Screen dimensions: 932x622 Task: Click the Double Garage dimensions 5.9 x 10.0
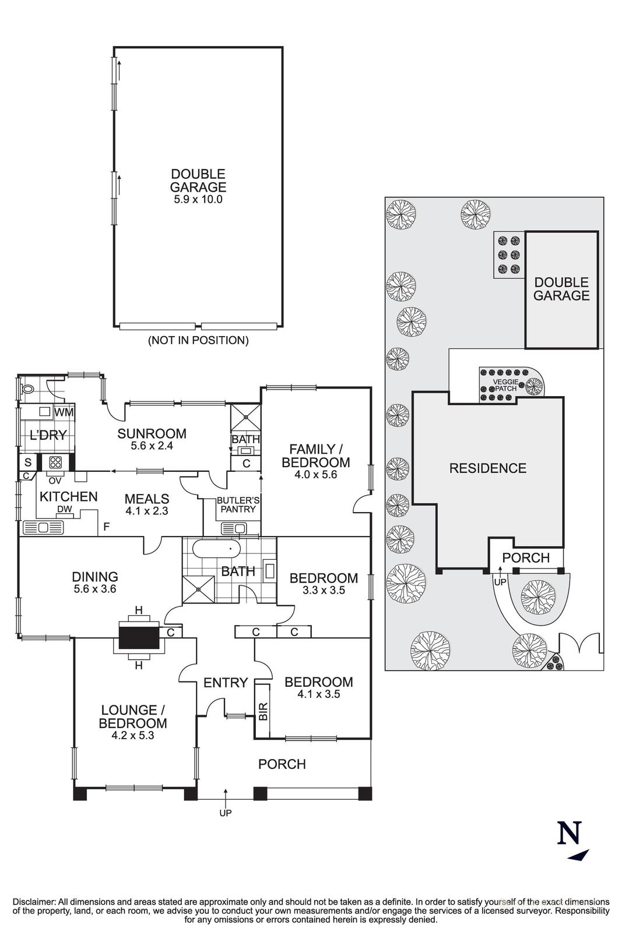198,199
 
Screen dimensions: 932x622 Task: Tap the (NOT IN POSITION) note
198,340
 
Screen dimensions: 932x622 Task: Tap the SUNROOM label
152,433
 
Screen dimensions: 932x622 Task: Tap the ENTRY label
226,682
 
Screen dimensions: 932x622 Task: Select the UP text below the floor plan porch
226,813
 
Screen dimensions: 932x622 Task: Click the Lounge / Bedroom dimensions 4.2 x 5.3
132,736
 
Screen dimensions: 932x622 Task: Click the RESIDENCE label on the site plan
487,468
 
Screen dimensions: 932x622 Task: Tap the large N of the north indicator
569,833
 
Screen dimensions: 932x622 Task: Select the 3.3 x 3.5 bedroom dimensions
324,589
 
